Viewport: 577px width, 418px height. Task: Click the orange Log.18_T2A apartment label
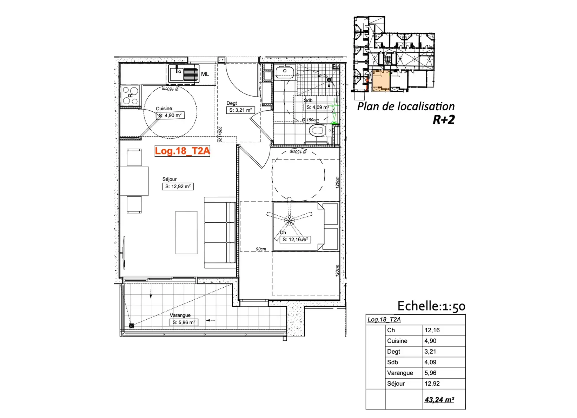(183, 151)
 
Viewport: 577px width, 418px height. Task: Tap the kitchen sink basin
(177, 73)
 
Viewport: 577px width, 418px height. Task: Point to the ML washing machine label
(205, 74)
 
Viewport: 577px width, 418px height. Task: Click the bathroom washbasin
(285, 71)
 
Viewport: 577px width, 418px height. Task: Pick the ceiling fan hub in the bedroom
(289, 220)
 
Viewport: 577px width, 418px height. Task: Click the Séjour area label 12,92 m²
(178, 187)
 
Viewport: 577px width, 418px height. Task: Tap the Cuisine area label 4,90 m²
(170, 116)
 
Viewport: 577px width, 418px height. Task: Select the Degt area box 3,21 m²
(240, 110)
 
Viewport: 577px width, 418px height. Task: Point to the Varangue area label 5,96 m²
(184, 322)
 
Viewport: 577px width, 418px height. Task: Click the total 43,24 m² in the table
(439, 400)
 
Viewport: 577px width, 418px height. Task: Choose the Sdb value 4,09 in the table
(430, 362)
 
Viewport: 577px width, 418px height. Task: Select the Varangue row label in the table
(400, 373)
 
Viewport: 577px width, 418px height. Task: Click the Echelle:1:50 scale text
(431, 306)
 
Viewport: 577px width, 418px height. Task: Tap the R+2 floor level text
(444, 120)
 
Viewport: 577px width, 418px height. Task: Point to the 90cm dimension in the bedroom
(261, 249)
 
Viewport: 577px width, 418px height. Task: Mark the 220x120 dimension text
(219, 134)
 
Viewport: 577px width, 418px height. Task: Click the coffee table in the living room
(186, 233)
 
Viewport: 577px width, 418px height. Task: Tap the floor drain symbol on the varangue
(131, 326)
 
